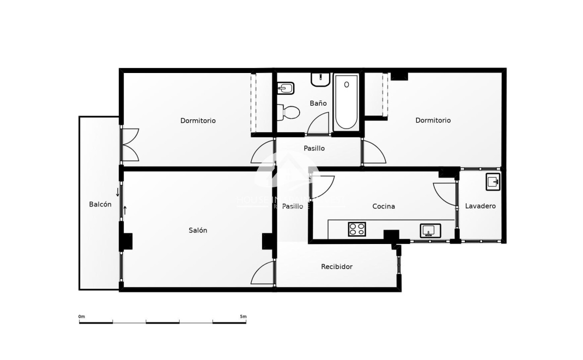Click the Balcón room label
click(100, 205)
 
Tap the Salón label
click(198, 230)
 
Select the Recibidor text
click(337, 267)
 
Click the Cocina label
click(384, 206)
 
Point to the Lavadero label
click(480, 206)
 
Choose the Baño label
click(318, 103)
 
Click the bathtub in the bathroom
click(347, 102)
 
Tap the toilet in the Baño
click(288, 113)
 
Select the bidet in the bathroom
click(286, 88)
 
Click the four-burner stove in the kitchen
click(357, 229)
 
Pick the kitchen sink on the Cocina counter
click(430, 231)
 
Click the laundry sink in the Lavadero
click(493, 182)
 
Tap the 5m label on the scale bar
click(243, 316)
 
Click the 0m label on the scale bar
click(82, 316)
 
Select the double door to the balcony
click(130, 145)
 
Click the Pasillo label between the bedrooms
click(314, 148)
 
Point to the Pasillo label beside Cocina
click(293, 206)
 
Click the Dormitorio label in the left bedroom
click(198, 120)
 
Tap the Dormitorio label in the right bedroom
click(433, 120)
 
